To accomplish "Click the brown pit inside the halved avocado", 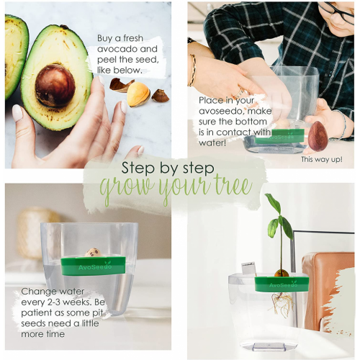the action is click(x=55, y=85).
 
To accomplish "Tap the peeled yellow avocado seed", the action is click(x=138, y=94).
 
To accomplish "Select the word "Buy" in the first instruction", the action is click(x=104, y=38).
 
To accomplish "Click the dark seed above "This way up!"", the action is click(x=318, y=136).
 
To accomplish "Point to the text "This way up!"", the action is click(x=322, y=160).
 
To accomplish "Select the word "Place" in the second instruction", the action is click(x=210, y=101).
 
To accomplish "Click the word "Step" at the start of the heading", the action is click(x=138, y=168).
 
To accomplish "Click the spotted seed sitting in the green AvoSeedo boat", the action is click(x=94, y=253).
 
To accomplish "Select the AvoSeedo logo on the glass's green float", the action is click(x=95, y=266).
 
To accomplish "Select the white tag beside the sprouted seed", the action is click(x=248, y=269).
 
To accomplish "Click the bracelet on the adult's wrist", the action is click(x=192, y=70).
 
